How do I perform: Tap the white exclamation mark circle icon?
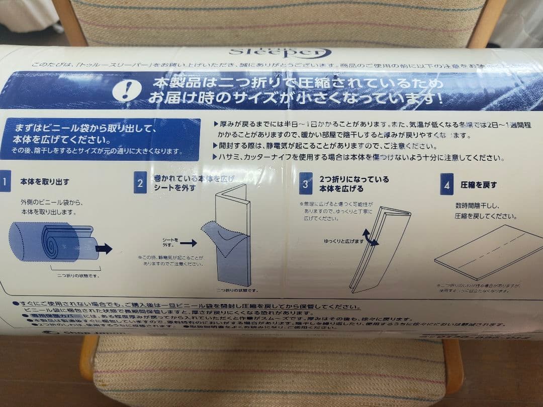(122, 89)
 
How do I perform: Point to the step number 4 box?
(446, 184)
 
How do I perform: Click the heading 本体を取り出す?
(45, 182)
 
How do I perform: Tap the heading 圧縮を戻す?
(479, 184)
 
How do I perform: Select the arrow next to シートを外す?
(188, 243)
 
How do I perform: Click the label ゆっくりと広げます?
(343, 242)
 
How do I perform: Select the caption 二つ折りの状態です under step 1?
(78, 275)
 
